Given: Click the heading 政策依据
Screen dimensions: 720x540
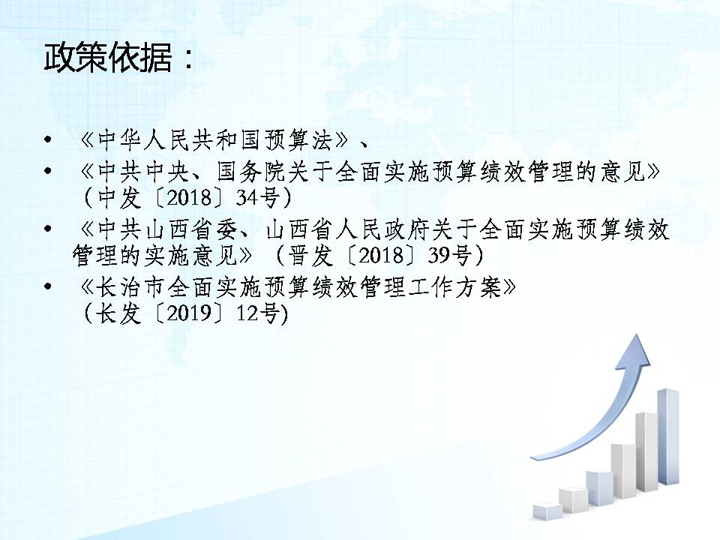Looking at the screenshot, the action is tap(108, 58).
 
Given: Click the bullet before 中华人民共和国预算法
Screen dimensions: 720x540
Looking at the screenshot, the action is tap(47, 139).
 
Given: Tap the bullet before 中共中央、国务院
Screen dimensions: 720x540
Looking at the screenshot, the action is tap(47, 171).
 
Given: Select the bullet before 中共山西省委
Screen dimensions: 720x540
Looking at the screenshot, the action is tap(47, 229).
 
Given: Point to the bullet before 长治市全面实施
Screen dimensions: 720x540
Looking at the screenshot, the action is tap(47, 286).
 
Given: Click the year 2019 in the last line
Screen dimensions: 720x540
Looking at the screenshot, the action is tap(189, 313).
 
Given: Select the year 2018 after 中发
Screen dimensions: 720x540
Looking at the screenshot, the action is tap(189, 197).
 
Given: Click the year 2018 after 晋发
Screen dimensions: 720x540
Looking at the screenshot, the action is tap(380, 255).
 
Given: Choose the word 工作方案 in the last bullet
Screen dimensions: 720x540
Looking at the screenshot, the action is tap(456, 287).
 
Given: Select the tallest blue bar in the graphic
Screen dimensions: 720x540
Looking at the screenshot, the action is tap(668, 436).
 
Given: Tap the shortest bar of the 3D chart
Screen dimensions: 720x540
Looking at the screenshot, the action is tap(547, 511).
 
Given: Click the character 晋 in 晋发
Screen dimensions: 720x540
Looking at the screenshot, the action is tap(298, 256).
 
